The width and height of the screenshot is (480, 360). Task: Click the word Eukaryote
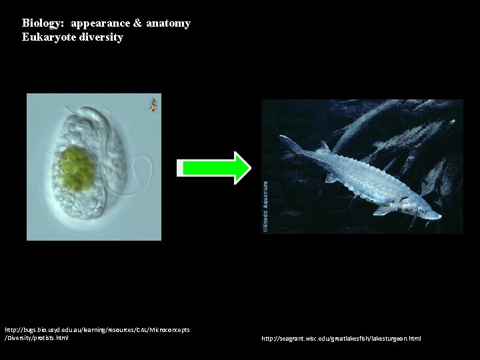click(49, 37)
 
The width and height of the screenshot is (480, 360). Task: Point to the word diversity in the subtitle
click(101, 37)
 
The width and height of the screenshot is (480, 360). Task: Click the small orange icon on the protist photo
click(153, 105)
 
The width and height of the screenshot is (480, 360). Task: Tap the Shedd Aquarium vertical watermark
click(265, 207)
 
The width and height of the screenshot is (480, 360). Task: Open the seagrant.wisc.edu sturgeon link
click(341, 339)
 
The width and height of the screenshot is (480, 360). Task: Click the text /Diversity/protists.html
click(37, 338)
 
